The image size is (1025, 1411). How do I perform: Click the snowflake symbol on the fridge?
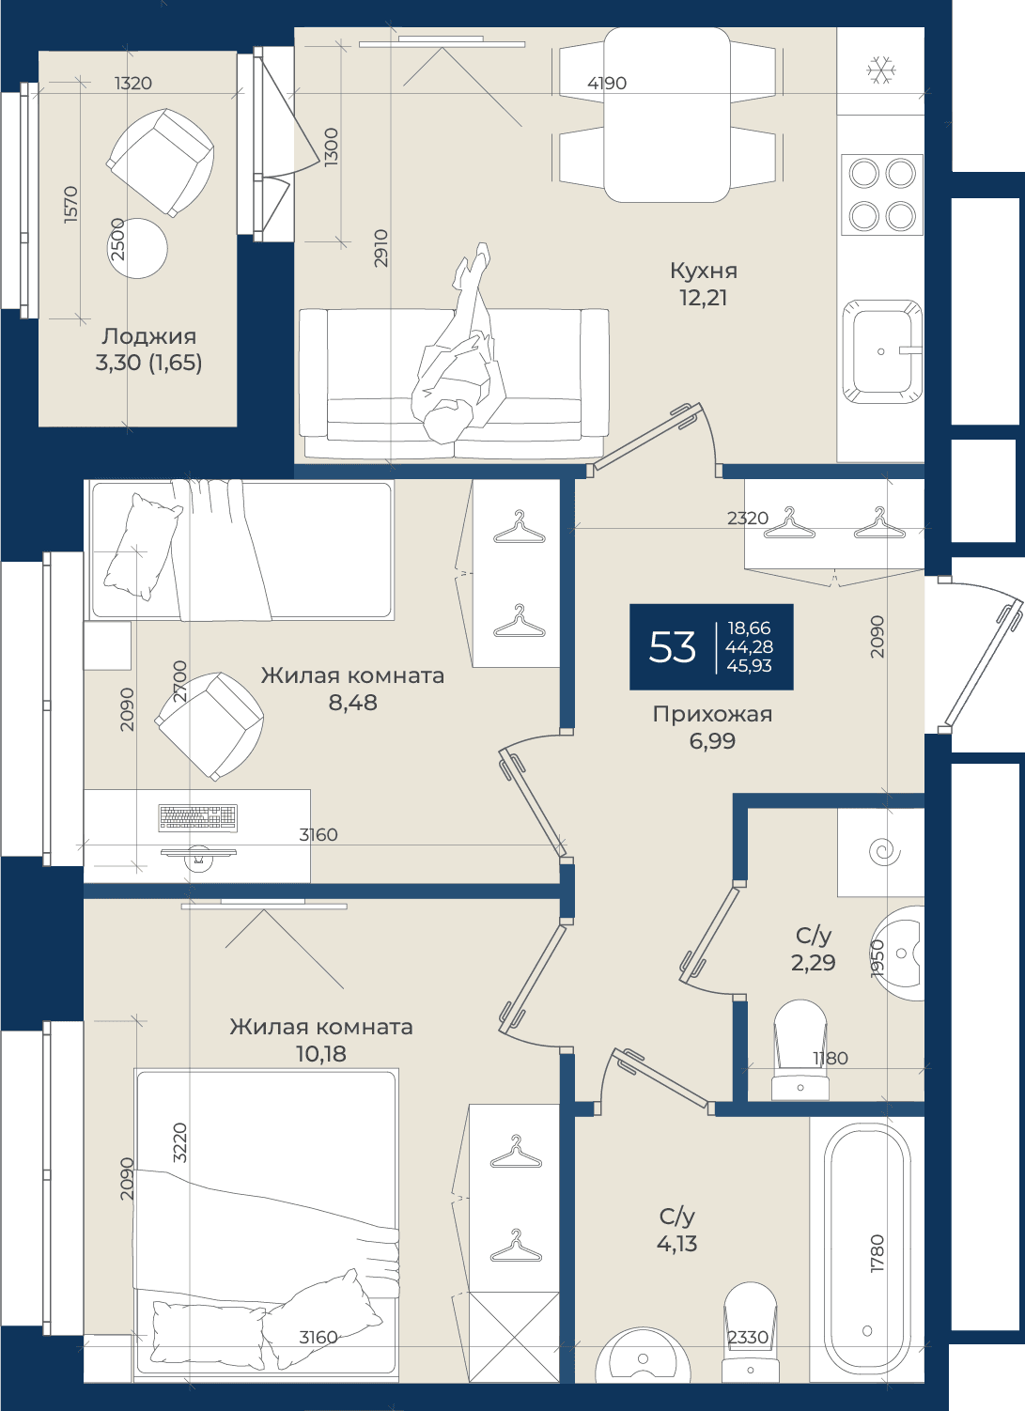tap(880, 70)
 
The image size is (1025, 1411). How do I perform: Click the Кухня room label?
tap(703, 271)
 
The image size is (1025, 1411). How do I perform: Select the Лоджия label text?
tap(149, 337)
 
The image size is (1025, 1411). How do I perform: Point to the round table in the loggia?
tap(137, 248)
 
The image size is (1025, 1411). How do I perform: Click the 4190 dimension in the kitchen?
tap(607, 84)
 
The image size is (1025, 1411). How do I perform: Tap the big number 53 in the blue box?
tap(672, 647)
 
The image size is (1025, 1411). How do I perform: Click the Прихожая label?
tap(712, 714)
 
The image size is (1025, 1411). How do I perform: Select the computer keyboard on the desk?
tap(198, 817)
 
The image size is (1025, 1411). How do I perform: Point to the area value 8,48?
tap(353, 703)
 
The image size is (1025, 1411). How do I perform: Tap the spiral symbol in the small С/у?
tap(884, 852)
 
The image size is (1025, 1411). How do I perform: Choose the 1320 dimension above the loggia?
tap(133, 84)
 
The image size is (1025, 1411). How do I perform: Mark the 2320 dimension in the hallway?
tap(748, 519)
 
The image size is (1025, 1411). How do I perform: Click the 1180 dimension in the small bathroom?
tap(831, 1058)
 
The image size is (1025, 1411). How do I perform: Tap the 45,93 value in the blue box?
tap(749, 666)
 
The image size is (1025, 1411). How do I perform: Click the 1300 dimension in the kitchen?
tap(332, 147)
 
